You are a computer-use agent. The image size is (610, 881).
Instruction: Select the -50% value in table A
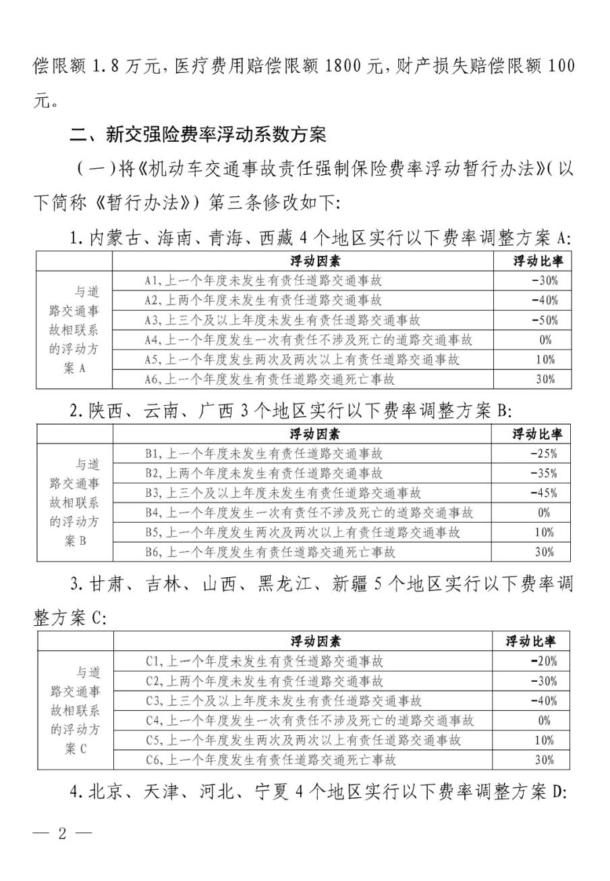point(543,320)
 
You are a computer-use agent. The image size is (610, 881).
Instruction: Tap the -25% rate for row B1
point(543,454)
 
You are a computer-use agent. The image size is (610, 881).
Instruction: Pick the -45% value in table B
point(543,493)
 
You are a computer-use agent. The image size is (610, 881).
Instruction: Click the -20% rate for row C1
point(543,661)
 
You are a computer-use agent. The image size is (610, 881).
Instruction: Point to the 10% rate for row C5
point(544,740)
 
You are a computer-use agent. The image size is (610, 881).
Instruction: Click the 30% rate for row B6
point(545,552)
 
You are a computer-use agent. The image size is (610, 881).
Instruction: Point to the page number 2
point(63,832)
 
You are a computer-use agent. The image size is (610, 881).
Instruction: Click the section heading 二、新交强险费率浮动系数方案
point(198,135)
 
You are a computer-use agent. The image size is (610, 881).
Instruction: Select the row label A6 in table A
point(152,379)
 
